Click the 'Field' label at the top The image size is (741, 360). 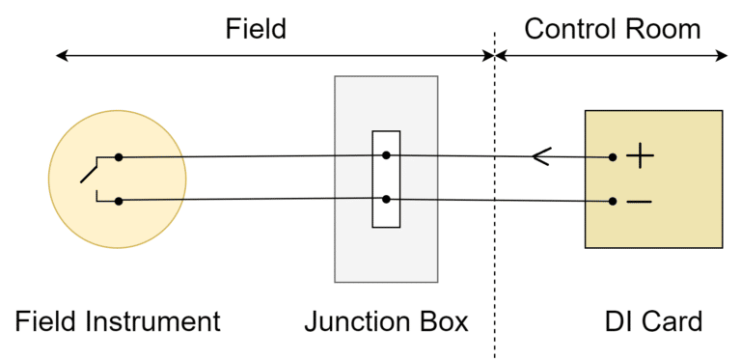tap(256, 29)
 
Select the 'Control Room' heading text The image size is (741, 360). tap(612, 29)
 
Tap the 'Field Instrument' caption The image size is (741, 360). tap(119, 321)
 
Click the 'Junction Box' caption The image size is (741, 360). tap(386, 321)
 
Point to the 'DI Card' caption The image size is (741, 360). tap(653, 321)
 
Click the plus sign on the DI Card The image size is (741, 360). tap(641, 156)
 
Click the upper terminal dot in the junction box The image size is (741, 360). tap(386, 154)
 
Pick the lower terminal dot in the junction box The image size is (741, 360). tap(386, 199)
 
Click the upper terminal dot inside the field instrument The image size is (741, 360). tap(118, 156)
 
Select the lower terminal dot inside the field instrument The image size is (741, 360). tap(118, 201)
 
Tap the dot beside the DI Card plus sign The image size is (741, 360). tap(612, 156)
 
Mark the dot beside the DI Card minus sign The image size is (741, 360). tap(612, 202)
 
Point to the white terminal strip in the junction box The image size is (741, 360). tap(386, 214)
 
